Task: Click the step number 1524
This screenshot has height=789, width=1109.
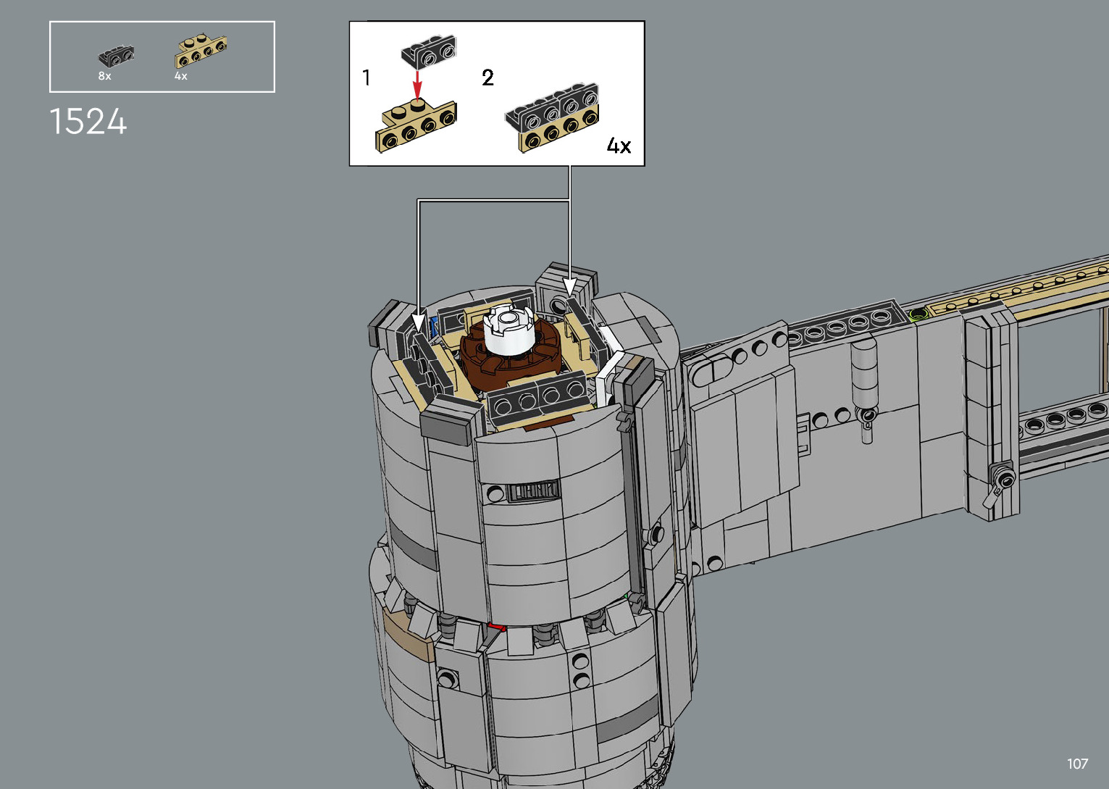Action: point(88,122)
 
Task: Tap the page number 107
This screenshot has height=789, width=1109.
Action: point(1077,764)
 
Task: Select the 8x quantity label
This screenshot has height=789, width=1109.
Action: point(104,76)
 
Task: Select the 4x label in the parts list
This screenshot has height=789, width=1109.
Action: point(180,76)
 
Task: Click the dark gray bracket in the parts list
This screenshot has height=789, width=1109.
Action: point(117,57)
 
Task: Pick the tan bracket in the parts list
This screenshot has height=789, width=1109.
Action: point(201,50)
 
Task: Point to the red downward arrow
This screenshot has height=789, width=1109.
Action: point(417,85)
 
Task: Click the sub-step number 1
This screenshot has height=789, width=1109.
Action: point(367,78)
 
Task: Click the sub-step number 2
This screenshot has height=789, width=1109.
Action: point(487,78)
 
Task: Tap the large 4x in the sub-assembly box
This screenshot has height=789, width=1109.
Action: point(619,146)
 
